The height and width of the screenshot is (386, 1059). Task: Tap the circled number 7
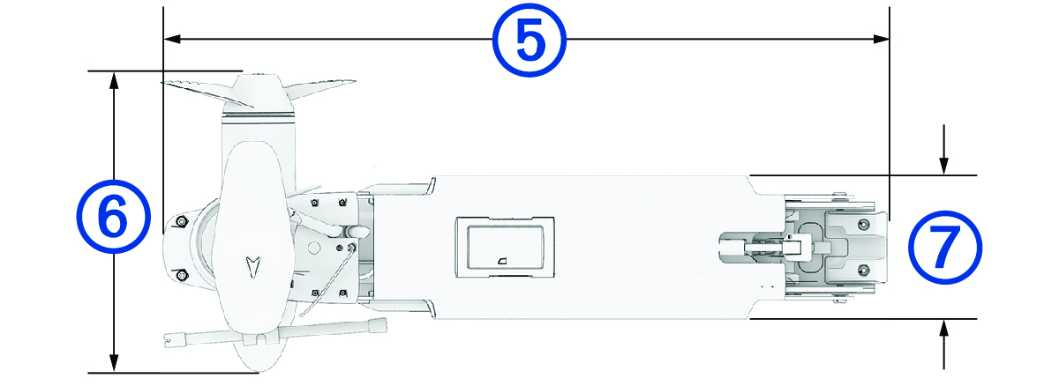[944, 247]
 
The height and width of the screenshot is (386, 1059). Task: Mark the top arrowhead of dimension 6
[113, 79]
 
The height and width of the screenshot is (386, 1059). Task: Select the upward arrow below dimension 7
[944, 329]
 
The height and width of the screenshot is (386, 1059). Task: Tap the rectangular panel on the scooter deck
[504, 243]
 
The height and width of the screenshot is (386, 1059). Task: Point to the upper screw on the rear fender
[862, 225]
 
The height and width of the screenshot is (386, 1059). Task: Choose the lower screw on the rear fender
[862, 269]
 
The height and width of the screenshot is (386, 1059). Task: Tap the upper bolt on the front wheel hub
[182, 219]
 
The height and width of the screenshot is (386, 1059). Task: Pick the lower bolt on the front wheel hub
[182, 276]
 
